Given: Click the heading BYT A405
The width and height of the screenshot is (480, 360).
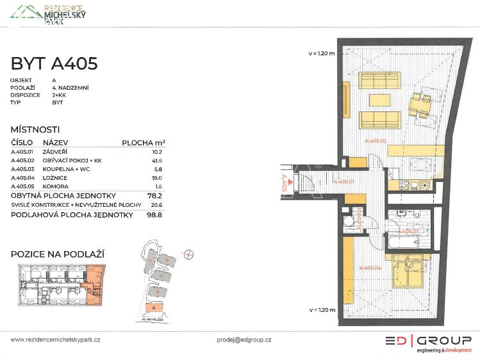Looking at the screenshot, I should point(54,63).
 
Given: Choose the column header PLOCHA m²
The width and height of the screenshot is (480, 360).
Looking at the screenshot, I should point(144,143).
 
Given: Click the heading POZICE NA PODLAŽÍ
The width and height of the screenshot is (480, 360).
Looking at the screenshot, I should point(58,254).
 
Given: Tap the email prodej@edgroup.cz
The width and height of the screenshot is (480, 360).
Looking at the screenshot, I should point(244,340).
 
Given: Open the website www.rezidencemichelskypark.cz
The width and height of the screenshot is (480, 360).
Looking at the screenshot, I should point(56,340).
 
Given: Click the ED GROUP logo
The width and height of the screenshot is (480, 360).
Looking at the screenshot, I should point(428,343).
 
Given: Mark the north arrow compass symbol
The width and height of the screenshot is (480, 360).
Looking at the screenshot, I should point(188,254).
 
